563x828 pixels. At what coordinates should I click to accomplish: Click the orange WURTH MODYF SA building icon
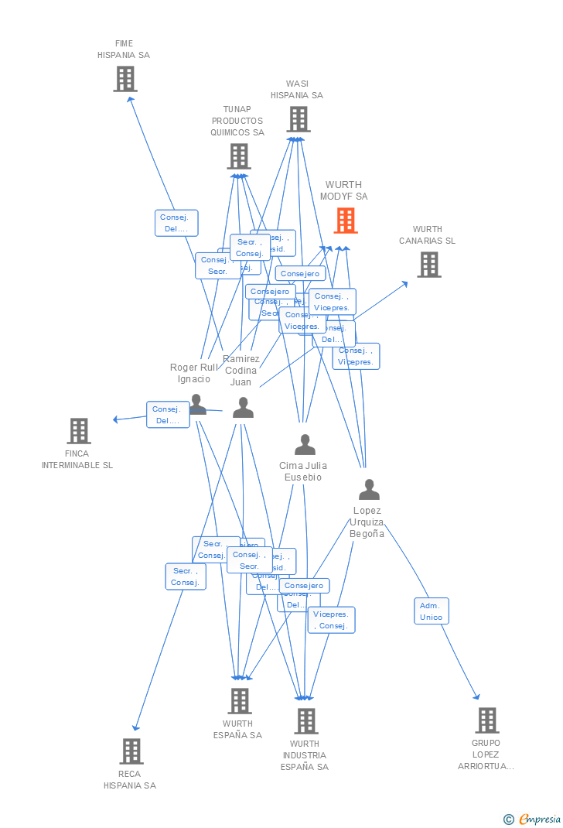coord(345,221)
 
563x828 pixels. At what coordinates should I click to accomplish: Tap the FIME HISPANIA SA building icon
coord(125,79)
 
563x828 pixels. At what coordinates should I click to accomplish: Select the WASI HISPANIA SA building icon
coord(299,119)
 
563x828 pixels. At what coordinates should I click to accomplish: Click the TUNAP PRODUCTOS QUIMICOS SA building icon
coord(238,156)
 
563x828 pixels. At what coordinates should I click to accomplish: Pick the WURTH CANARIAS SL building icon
coord(428,265)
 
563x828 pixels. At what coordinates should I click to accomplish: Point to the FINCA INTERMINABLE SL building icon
coord(79,431)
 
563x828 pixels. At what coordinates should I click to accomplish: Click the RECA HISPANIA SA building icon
coord(131,751)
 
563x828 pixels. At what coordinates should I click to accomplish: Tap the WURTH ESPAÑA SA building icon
coord(239,701)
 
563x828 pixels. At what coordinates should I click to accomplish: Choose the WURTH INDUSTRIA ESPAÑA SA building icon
coord(305,721)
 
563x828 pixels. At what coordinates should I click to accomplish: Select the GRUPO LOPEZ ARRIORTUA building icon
coord(486,720)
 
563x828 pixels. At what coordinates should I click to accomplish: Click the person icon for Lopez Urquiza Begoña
coord(369,490)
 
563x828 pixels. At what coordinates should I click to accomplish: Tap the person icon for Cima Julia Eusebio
coord(305,445)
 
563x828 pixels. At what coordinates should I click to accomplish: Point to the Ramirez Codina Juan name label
coord(241,371)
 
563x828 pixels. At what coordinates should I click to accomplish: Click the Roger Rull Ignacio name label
coord(194,373)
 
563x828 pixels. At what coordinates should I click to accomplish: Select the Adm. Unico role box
coord(431,611)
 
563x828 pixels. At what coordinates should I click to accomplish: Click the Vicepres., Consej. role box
coord(332,620)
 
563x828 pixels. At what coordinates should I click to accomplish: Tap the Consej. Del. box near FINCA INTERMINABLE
coord(168,415)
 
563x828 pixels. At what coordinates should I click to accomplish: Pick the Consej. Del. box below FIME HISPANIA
coord(176,223)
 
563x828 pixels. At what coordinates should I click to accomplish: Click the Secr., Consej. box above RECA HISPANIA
coord(186,577)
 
